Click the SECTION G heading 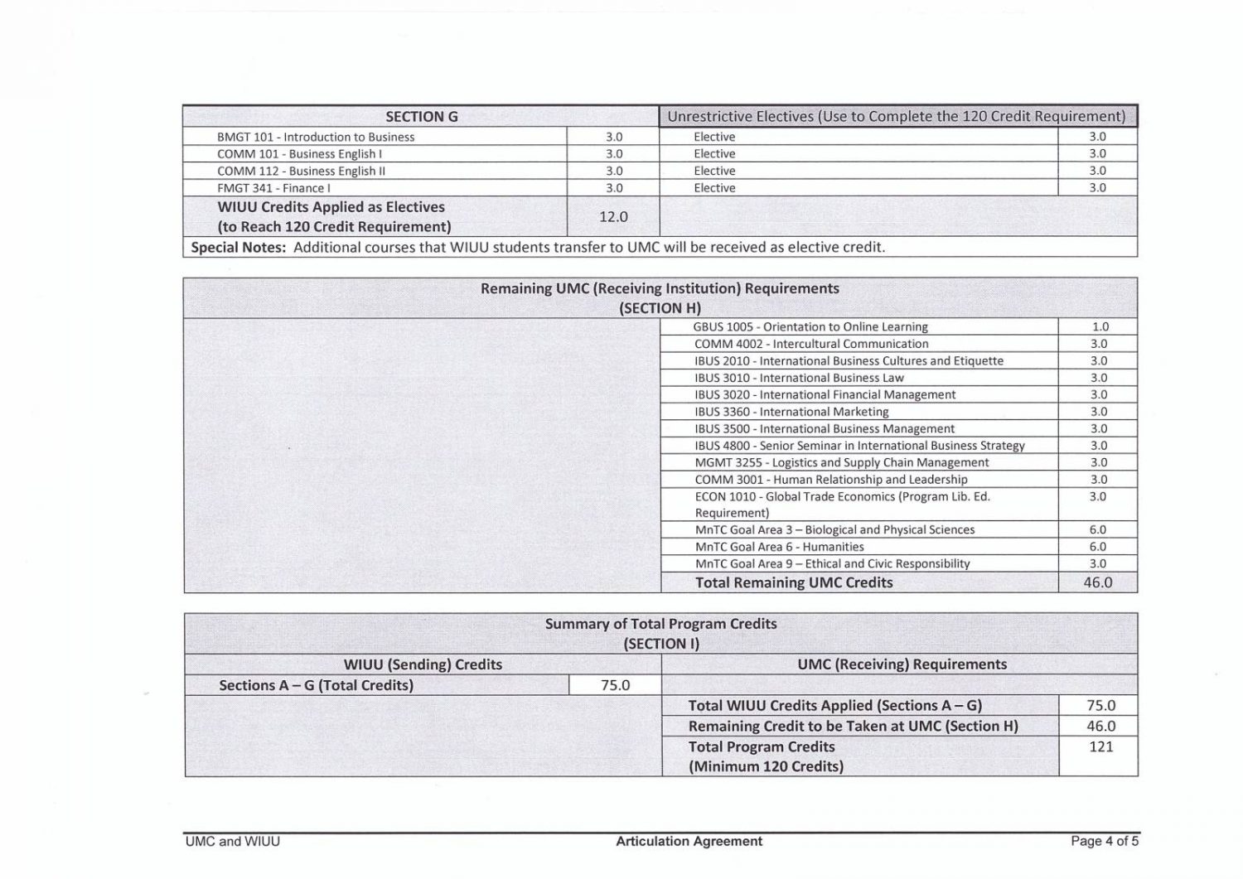click(421, 117)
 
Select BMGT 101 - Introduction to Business click(316, 137)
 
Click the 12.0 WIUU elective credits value click(613, 216)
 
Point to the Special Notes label click(239, 247)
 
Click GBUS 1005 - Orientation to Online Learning click(810, 327)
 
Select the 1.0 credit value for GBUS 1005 click(1100, 327)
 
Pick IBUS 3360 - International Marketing click(791, 412)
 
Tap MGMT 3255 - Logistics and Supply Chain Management click(841, 462)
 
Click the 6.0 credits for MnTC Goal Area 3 click(1098, 529)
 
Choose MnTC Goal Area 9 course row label click(832, 563)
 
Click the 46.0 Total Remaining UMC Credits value click(1098, 582)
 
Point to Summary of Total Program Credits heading click(660, 624)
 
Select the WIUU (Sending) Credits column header click(423, 664)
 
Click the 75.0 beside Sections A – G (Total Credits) click(615, 685)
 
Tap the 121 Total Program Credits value click(1100, 746)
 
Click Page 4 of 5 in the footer click(1104, 842)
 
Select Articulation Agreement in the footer click(689, 842)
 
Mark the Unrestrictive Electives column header click(897, 117)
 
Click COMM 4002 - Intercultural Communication click(811, 344)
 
